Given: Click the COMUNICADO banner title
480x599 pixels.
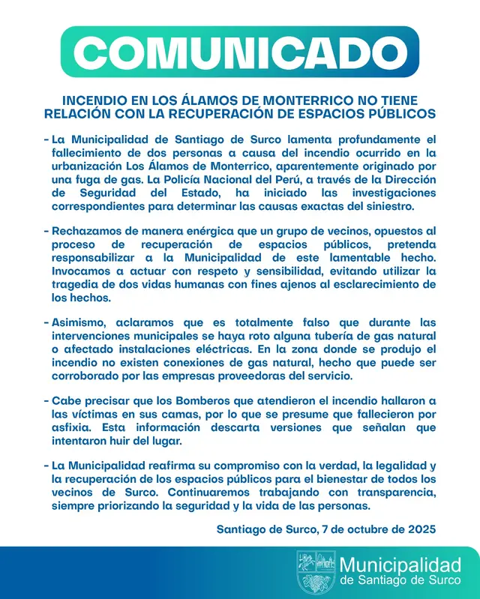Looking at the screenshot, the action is click(239, 53).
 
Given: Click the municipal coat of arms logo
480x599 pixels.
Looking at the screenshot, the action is click(316, 571).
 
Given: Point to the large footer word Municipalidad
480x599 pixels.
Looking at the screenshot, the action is click(399, 565).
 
